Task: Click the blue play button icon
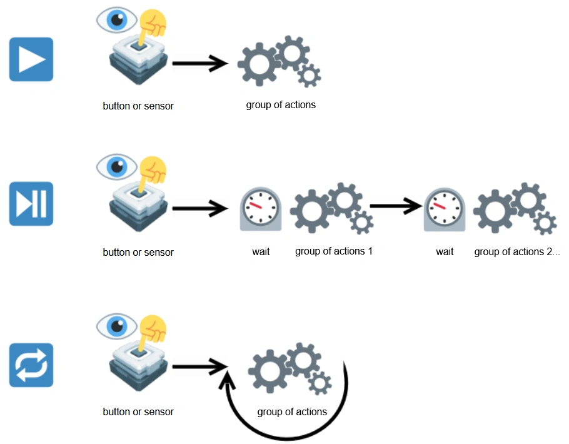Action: pos(31,59)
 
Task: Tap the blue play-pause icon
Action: pos(31,204)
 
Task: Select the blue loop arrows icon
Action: pos(31,365)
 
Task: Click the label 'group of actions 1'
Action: pos(334,251)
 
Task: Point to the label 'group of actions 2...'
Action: pos(517,252)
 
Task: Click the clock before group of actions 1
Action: pos(261,209)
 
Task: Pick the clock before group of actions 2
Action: pos(445,209)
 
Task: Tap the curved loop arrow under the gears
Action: pos(281,431)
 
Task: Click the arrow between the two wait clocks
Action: pos(396,204)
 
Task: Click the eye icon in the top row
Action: pos(116,20)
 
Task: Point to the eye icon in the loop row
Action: pos(116,326)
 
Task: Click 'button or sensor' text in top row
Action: pos(138,106)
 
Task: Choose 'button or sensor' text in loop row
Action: pos(138,412)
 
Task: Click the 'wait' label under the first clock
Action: pos(261,252)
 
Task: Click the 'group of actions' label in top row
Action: pos(281,105)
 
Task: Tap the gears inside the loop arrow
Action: pos(290,369)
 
